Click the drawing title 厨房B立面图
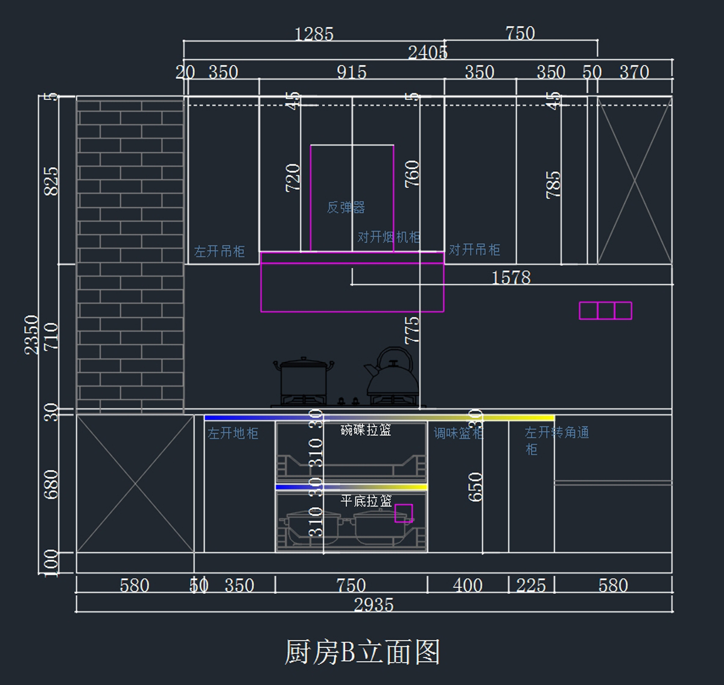pos(362,652)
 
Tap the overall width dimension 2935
pos(373,604)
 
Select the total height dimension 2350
pos(31,335)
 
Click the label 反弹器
pos(346,207)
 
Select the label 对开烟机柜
pos(389,237)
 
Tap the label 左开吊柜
pos(220,251)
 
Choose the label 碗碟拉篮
pos(366,430)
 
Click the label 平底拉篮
pos(366,500)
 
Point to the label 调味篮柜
pos(458,433)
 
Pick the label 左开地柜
pos(233,433)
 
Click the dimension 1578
pos(511,277)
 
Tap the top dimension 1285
pos(314,34)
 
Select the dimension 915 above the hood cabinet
pos(351,72)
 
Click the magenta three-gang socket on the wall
pos(605,311)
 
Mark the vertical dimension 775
pos(411,330)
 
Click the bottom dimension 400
pos(468,585)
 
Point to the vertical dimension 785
pos(553,185)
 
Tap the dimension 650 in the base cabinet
pos(475,487)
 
